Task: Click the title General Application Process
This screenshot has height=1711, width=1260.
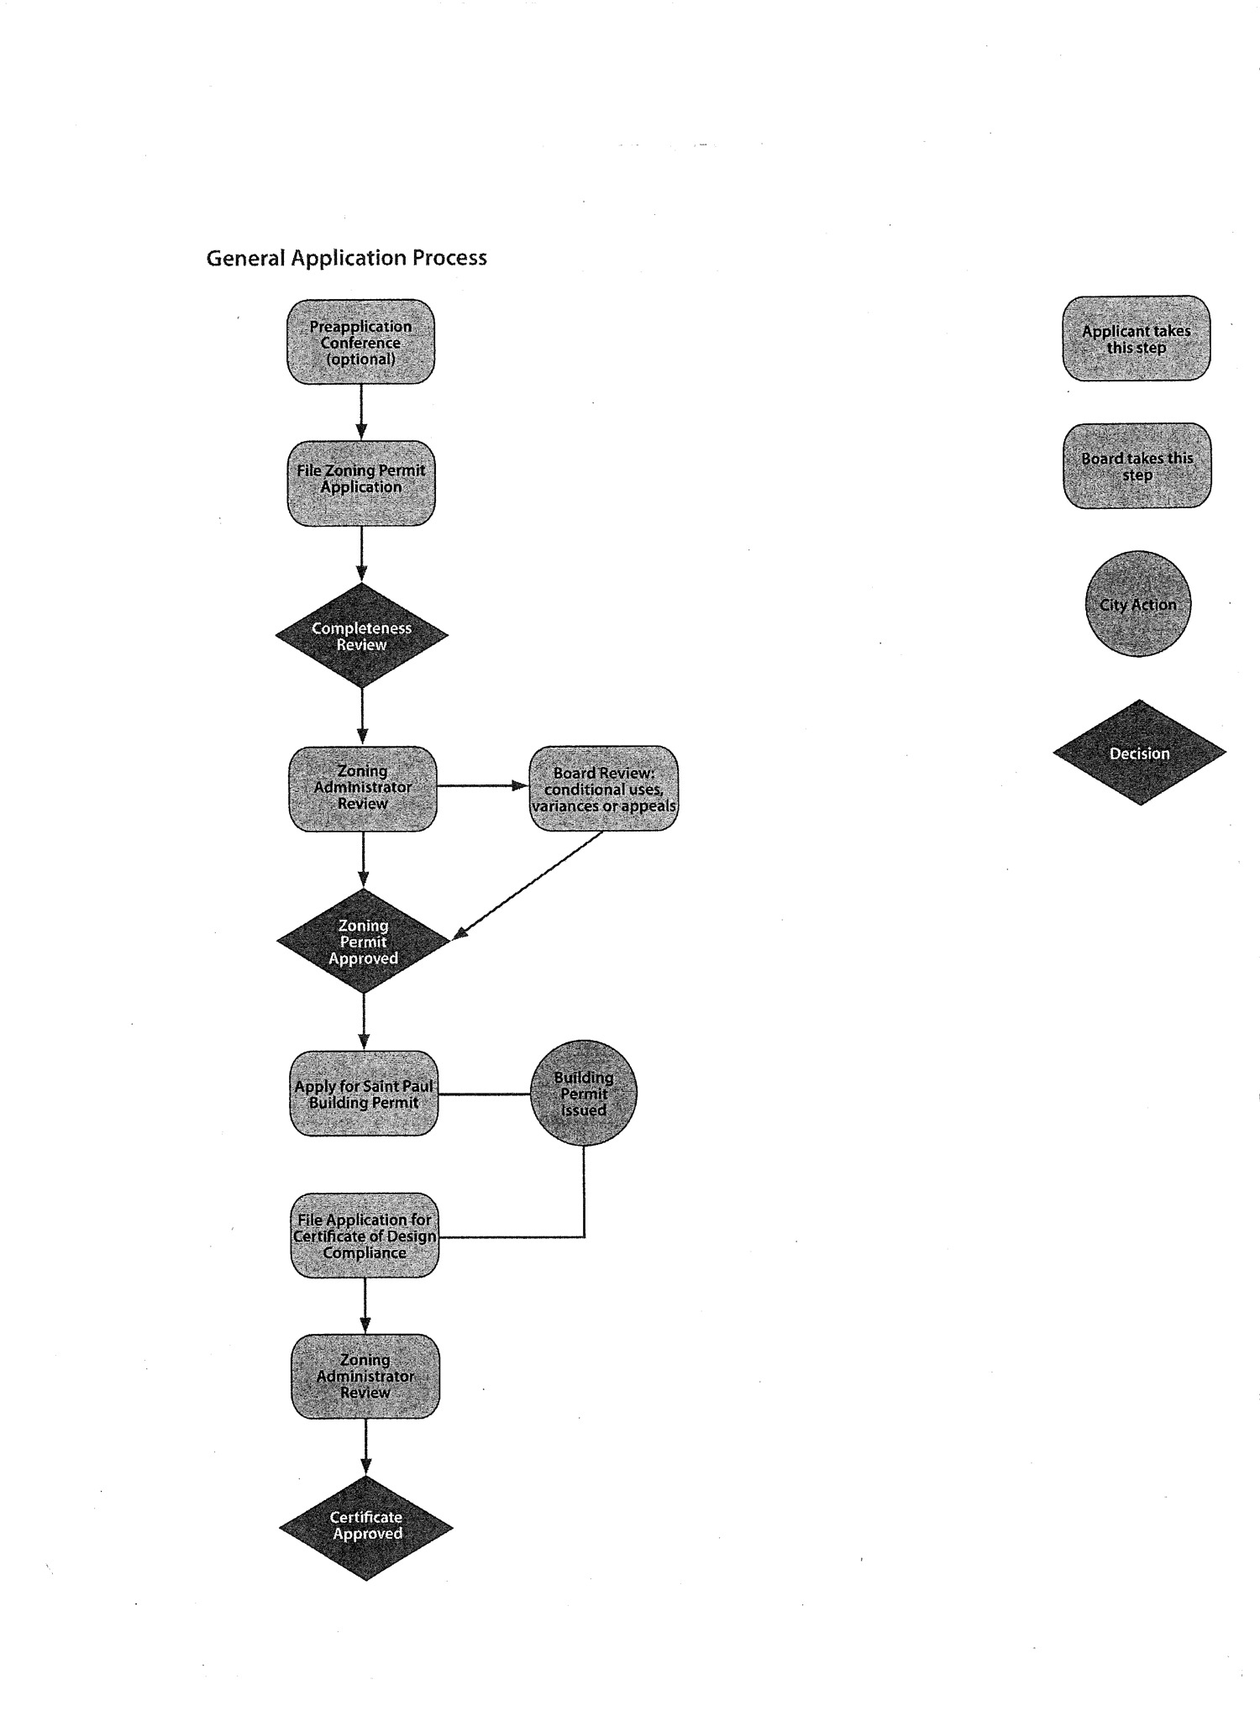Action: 346,258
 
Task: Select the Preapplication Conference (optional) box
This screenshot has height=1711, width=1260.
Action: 361,343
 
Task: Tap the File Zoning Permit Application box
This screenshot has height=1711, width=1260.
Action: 361,483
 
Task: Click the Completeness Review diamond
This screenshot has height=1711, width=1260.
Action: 362,636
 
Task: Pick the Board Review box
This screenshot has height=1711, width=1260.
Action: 603,789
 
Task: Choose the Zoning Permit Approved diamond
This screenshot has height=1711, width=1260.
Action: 364,942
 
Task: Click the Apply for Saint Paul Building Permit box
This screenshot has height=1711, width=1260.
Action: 364,1094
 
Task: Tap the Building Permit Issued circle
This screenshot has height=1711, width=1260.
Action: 584,1094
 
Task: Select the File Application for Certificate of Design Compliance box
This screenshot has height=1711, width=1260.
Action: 365,1236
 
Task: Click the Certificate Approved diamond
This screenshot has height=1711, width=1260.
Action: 366,1525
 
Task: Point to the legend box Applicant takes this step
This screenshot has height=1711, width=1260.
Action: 1137,339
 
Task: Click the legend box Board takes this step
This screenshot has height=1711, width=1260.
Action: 1137,466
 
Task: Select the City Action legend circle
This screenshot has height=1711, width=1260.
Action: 1138,604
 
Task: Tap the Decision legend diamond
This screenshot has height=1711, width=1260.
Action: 1140,753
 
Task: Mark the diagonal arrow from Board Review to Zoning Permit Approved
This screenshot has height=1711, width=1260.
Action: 529,884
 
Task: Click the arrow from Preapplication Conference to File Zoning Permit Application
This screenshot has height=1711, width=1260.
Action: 361,412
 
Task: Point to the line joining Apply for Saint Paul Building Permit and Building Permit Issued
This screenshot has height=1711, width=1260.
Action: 485,1094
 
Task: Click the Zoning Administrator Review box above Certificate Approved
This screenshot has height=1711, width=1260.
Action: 365,1376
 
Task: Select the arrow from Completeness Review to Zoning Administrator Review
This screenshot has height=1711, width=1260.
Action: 362,716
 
